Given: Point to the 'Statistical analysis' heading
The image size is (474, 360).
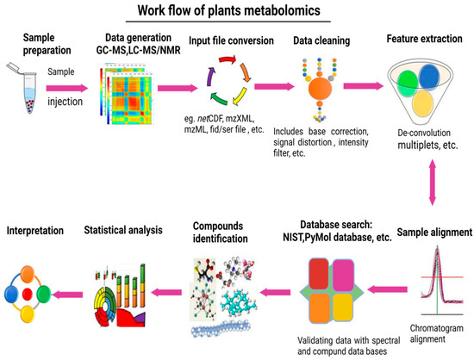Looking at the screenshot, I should [x=122, y=230].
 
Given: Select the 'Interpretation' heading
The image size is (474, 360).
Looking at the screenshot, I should [x=34, y=230].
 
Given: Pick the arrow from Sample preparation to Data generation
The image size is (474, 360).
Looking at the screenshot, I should [x=75, y=87].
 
